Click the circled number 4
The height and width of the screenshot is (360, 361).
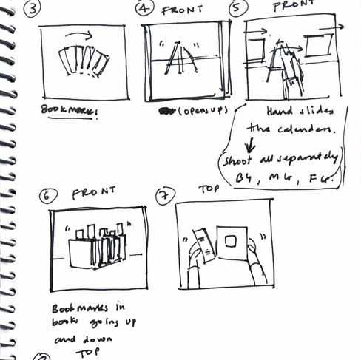pyautogui.click(x=144, y=9)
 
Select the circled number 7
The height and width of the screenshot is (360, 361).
pyautogui.click(x=164, y=195)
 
